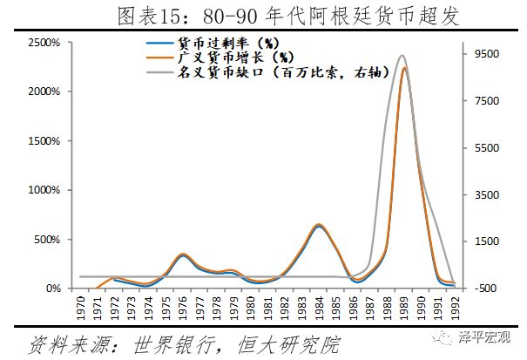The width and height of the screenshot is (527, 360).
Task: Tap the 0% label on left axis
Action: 50,289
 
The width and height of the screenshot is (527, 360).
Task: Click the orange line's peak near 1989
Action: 404,67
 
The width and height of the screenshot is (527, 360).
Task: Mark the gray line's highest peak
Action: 401,56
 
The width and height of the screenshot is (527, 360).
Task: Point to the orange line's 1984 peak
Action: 319,224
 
